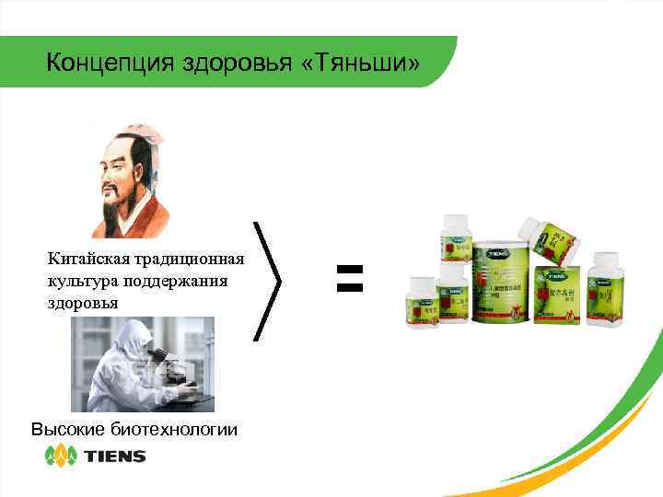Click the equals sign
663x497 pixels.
coord(349,278)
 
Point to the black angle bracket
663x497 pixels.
coord(266,280)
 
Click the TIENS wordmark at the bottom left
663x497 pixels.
coord(114,456)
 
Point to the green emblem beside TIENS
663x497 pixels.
coord(62,456)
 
